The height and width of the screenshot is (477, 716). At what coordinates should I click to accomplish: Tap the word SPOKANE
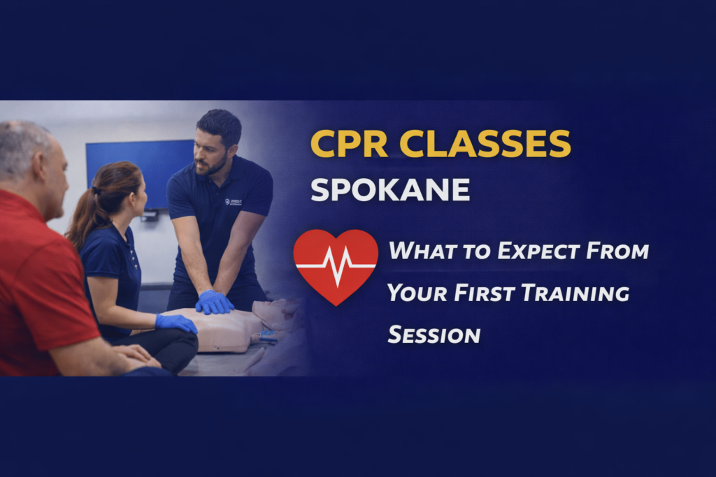tap(390, 189)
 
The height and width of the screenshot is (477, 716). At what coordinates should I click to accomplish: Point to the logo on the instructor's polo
tap(233, 202)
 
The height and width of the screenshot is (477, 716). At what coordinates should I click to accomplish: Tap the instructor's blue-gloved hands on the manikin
tap(214, 302)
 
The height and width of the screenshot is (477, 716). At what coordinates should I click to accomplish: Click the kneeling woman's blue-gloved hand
tap(176, 322)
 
